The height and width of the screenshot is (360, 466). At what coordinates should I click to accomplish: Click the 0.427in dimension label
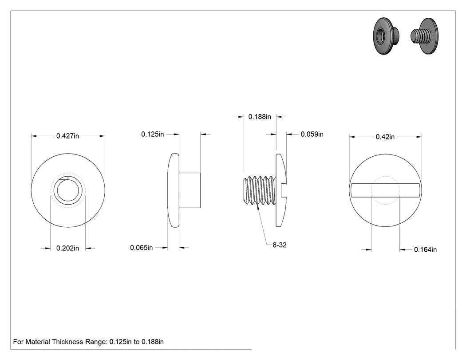[67, 136]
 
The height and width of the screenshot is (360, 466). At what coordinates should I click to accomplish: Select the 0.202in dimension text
[67, 248]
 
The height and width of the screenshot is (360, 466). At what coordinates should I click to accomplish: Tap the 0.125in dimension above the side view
[153, 134]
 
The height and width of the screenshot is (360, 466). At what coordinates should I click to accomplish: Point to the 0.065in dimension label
[142, 247]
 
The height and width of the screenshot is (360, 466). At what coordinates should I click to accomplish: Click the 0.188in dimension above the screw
[260, 117]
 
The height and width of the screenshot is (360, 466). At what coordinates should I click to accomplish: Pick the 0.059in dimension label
[312, 134]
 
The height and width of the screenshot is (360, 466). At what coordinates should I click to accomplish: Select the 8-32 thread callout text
[280, 245]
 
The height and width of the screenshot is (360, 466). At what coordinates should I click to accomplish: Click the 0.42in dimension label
[385, 137]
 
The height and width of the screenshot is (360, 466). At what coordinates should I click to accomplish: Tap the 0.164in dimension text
[425, 249]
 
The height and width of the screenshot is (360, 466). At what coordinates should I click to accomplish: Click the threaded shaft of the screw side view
[260, 190]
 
